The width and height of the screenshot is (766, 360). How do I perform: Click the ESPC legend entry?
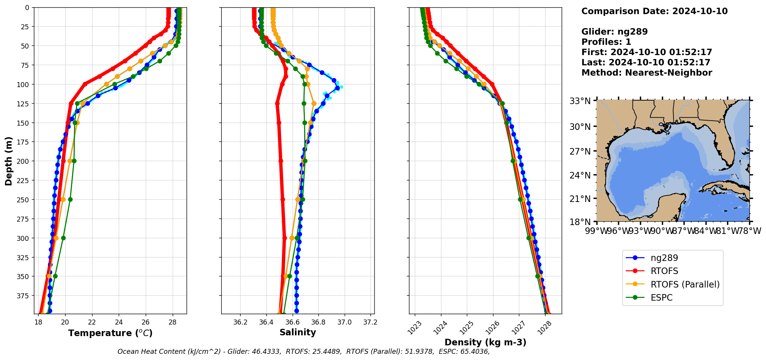point(661,298)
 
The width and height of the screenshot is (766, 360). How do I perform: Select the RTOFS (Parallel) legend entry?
point(685,284)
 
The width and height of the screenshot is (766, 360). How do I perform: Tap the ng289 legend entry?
point(664,258)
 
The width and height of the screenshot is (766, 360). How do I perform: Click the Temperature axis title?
point(110,333)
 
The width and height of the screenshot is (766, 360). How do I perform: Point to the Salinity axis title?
point(298,332)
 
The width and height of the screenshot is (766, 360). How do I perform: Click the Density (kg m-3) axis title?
point(485,342)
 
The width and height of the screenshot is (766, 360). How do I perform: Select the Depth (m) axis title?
point(8,161)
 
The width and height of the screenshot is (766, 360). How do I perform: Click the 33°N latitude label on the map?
point(580,101)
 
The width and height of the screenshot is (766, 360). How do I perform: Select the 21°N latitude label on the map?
point(580,199)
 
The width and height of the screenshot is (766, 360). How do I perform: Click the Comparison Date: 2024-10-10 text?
point(654,11)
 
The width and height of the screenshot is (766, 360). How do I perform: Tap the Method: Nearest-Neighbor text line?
point(646,72)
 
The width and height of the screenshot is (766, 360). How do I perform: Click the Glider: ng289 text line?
point(614,32)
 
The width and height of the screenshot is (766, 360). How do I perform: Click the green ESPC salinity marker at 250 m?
point(303,199)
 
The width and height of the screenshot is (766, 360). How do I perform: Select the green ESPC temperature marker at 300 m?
point(63,238)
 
